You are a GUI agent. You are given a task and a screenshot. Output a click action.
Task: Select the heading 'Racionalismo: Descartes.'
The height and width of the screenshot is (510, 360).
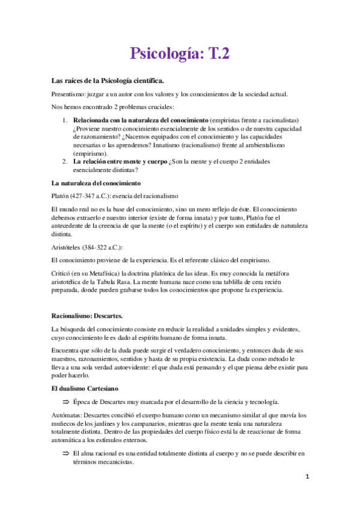[x=88, y=315]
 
